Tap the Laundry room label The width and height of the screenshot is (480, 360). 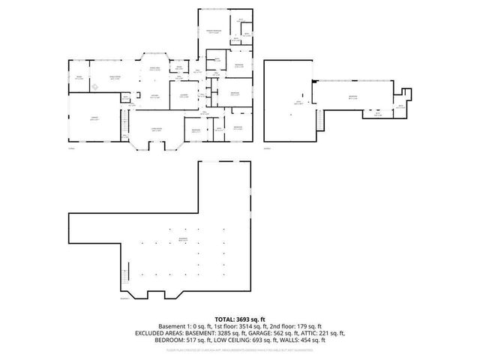pos(183,95)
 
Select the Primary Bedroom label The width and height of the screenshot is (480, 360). pos(213,31)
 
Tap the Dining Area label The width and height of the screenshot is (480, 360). pos(155,69)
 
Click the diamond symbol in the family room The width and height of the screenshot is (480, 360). pos(95,87)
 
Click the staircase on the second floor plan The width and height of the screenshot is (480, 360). pos(320,119)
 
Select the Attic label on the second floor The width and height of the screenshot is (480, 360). pos(298,103)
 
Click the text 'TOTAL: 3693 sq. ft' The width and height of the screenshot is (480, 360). pos(239,319)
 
